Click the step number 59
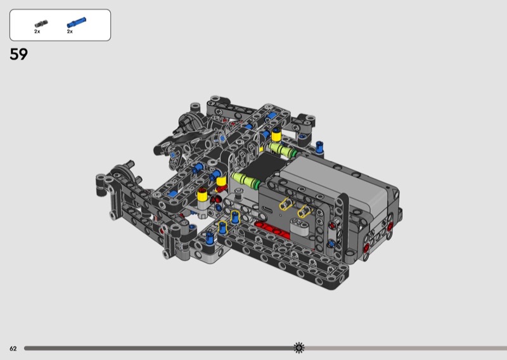[x=19, y=54]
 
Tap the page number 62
[x=13, y=349]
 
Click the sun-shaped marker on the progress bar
[x=298, y=348]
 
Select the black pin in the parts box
[x=41, y=24]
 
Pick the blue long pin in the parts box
[x=76, y=23]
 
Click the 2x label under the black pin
[x=37, y=32]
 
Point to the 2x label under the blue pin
[x=70, y=32]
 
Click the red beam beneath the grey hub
[x=273, y=230]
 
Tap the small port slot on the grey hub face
[x=267, y=209]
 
